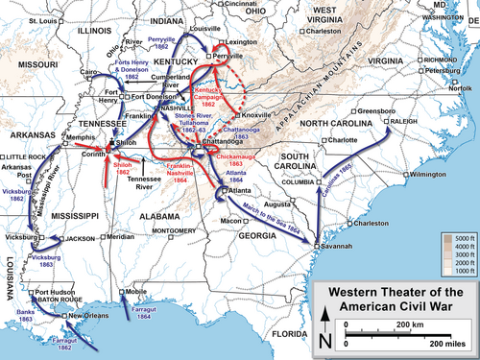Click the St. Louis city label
click(x=43, y=20)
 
